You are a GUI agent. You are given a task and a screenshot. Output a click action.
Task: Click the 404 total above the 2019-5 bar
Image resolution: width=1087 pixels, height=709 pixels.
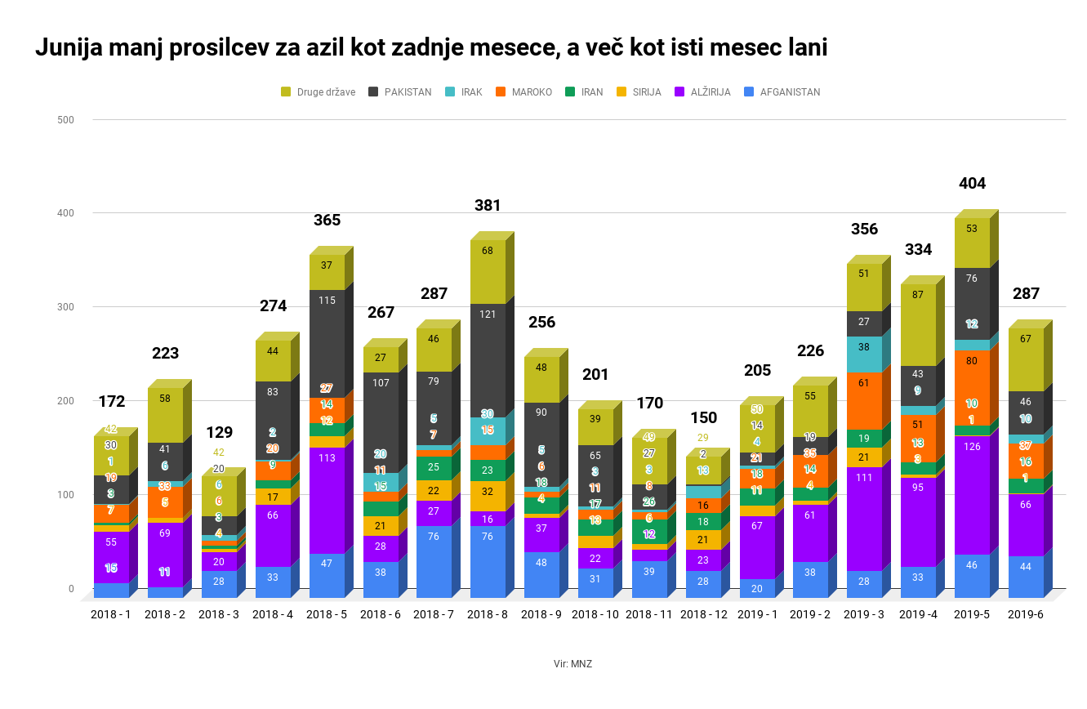972,183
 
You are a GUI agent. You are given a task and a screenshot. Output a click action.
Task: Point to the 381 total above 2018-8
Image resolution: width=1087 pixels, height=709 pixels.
488,205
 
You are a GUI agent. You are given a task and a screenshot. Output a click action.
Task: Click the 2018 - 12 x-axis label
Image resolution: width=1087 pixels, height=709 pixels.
703,613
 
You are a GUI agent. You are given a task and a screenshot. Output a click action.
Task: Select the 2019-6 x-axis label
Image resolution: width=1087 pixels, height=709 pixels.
1025,613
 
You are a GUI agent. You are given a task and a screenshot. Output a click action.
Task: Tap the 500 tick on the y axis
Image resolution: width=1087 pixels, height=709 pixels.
65,120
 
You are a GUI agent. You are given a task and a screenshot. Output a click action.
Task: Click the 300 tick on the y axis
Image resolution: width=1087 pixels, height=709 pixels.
65,307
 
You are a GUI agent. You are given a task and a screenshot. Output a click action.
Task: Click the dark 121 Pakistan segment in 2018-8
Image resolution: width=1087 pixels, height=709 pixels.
487,359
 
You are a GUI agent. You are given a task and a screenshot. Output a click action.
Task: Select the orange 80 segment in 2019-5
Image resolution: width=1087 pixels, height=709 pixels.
972,382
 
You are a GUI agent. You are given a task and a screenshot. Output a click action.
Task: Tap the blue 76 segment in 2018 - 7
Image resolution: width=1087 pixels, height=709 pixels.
434,560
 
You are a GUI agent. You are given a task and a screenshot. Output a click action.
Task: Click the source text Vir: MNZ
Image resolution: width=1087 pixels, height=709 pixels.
572,664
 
